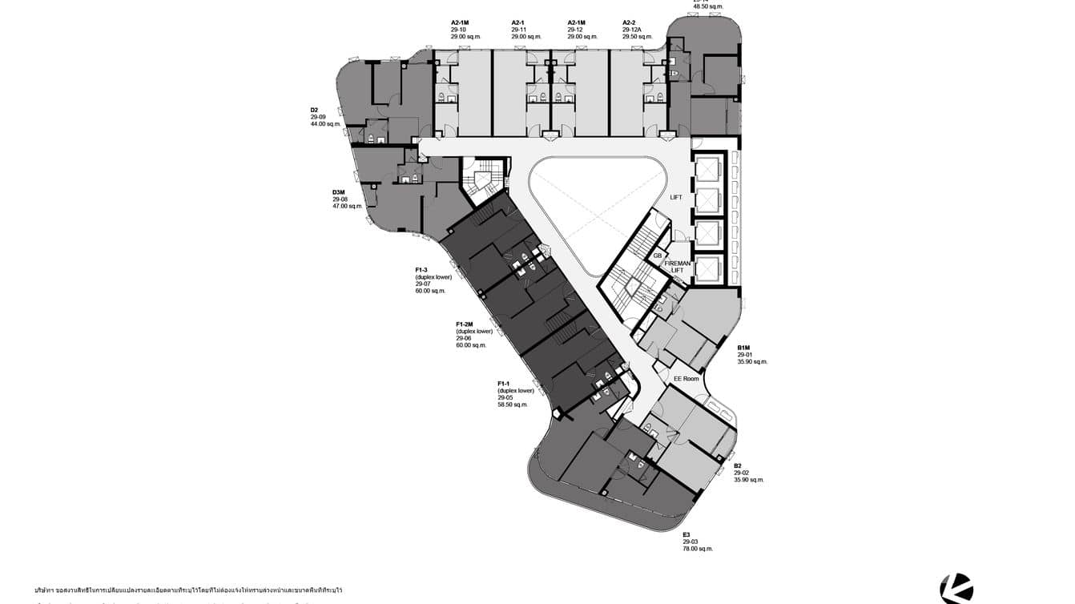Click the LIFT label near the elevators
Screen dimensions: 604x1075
point(676,197)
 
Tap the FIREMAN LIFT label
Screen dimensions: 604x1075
point(677,266)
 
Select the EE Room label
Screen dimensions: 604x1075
point(686,379)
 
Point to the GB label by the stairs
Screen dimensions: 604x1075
point(658,256)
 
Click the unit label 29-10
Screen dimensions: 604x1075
point(458,30)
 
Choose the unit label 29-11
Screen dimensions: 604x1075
point(518,30)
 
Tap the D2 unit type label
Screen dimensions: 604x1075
point(315,110)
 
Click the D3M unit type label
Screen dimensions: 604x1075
point(339,192)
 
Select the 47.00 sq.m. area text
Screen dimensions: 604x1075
point(348,206)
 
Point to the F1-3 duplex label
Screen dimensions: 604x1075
point(421,269)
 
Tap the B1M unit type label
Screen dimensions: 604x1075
point(743,348)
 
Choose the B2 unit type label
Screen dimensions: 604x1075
point(738,465)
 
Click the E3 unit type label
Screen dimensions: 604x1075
point(686,534)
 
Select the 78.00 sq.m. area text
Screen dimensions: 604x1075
point(698,549)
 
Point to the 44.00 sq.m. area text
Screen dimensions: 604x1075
point(326,124)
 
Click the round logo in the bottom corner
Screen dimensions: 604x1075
point(956,589)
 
